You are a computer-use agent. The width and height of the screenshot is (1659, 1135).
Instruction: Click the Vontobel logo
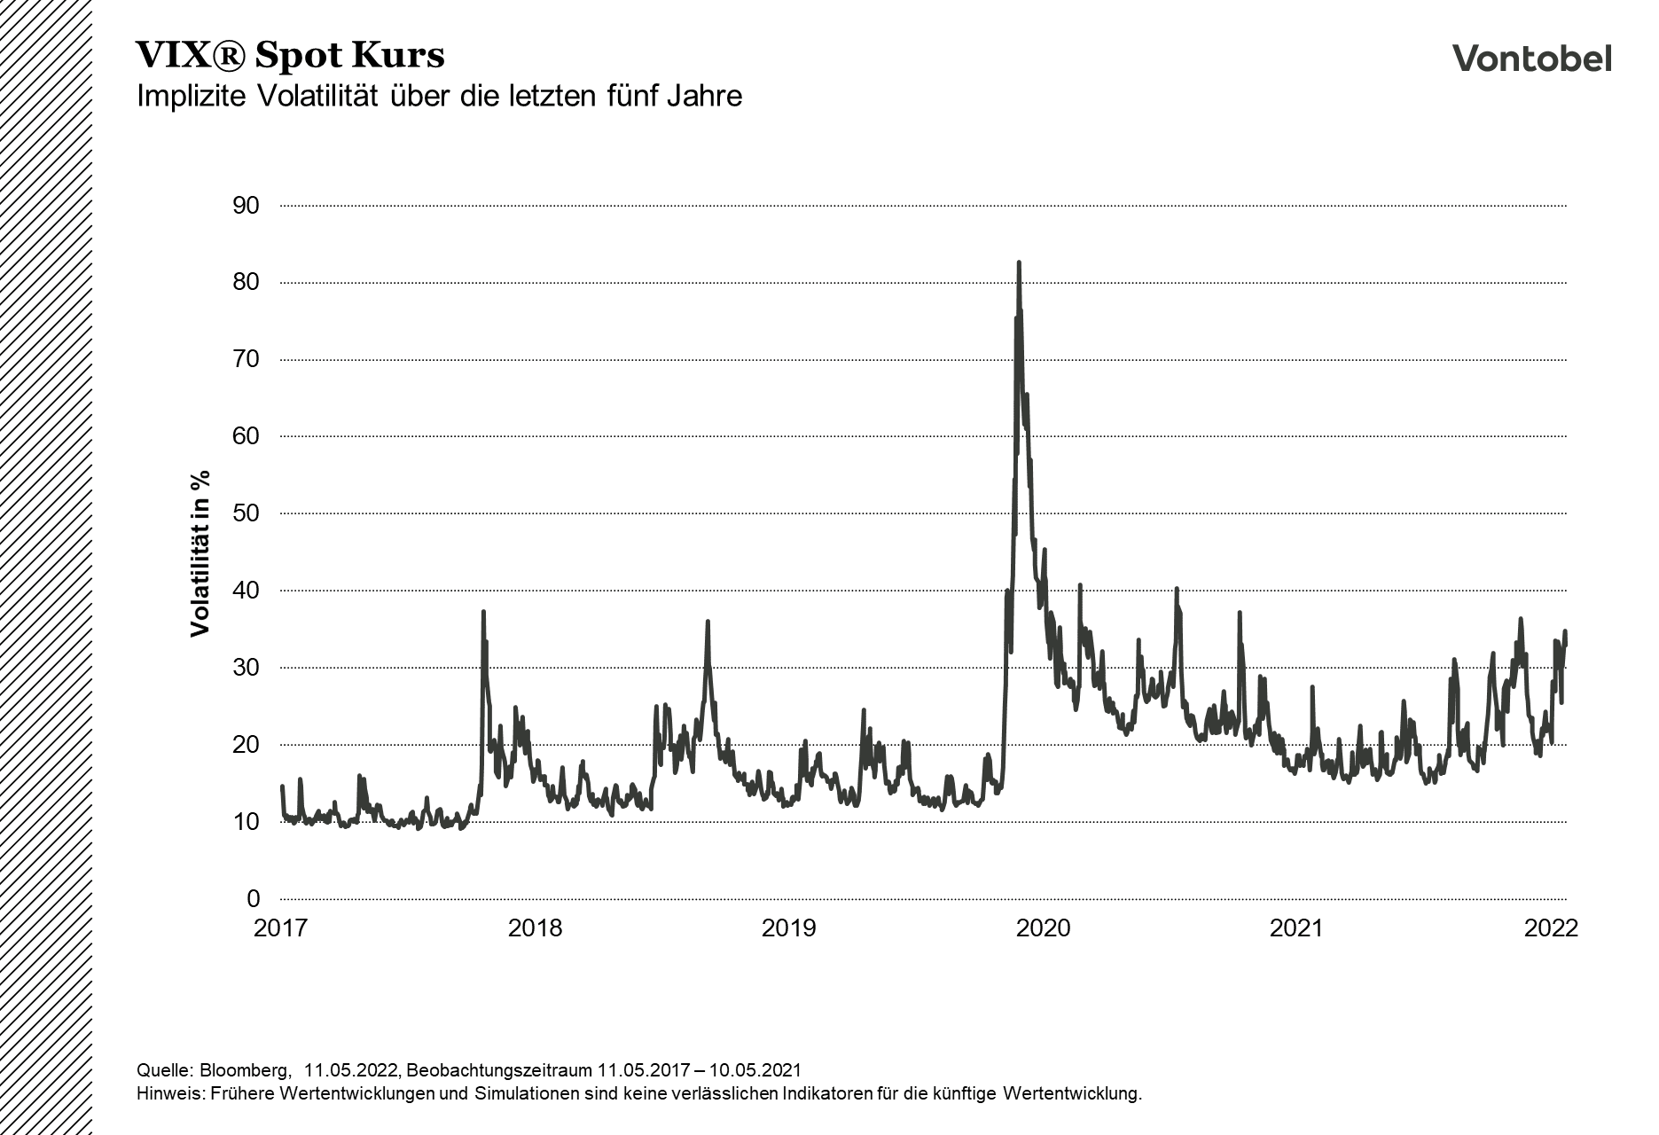coord(1531,59)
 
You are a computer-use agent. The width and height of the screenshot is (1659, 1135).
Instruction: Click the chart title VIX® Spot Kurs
coord(290,56)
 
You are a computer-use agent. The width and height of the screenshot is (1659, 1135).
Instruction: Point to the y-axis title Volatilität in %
coord(200,553)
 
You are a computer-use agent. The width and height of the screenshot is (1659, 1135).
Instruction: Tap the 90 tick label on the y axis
coord(247,206)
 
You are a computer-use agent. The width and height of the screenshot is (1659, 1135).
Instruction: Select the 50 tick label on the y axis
coord(247,513)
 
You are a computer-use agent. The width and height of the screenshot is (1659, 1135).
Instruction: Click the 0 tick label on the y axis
coord(254,899)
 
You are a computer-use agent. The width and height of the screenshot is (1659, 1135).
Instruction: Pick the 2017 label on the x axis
coord(280,928)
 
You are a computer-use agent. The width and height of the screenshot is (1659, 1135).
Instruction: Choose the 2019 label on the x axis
coord(789,928)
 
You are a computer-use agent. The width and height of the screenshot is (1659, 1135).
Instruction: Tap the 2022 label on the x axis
coord(1551,928)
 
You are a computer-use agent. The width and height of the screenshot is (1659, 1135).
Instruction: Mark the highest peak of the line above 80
coord(1019,263)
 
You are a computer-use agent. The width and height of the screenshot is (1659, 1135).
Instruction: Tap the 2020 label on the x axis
coord(1044,928)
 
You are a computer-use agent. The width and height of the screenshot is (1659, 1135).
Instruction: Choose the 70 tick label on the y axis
coord(247,359)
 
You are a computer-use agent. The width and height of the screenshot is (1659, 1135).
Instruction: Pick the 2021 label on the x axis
coord(1296,928)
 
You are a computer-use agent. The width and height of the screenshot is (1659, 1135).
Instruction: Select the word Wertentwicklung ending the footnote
coord(1072,1093)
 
